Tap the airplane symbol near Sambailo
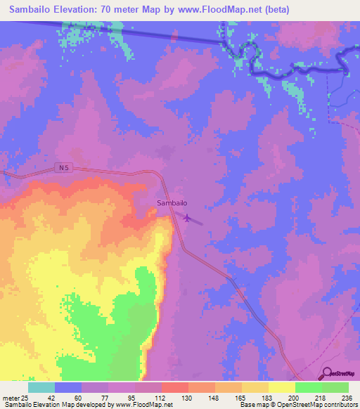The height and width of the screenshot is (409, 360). tap(186, 216)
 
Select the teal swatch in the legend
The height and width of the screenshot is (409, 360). tap(41, 387)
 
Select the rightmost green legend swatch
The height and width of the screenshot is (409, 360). tap(335, 387)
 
